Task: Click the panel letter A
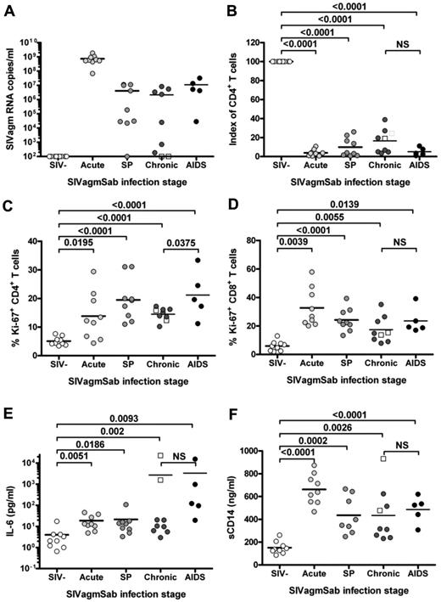[x=8, y=7]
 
